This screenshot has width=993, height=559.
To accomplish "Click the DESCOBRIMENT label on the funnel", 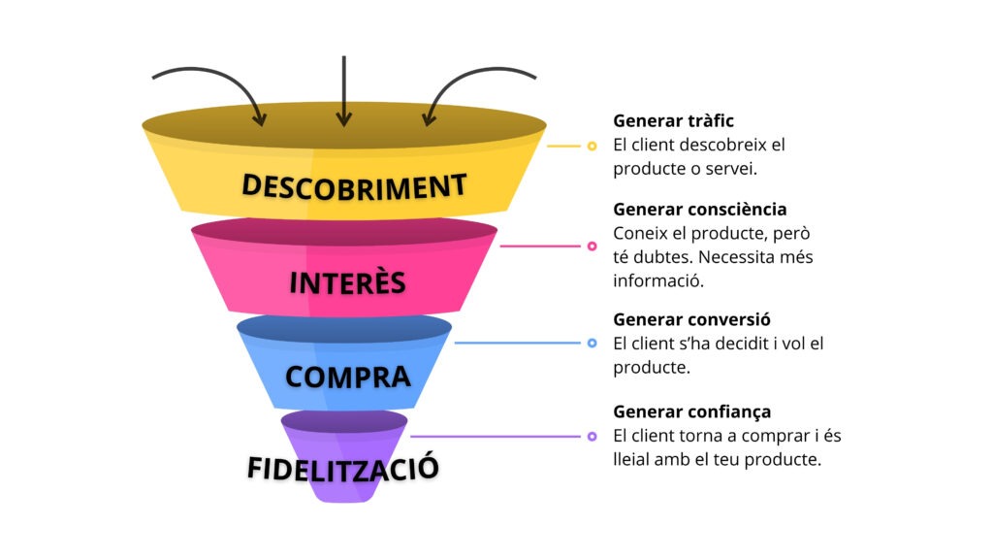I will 354,185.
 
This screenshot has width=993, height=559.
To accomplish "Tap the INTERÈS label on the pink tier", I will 347,282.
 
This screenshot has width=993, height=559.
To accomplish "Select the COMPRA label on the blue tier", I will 347,377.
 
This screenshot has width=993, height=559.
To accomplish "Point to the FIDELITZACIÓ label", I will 343,468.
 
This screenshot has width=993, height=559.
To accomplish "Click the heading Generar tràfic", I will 673,121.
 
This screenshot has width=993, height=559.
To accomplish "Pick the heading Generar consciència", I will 699,209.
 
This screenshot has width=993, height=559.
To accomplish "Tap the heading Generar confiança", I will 691,411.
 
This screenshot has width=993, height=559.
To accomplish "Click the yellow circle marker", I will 592,147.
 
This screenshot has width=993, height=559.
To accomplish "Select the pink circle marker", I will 592,247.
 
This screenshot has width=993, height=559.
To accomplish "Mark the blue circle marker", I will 592,343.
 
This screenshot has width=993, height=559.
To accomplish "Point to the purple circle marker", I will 592,437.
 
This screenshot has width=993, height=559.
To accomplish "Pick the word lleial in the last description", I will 633,459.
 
